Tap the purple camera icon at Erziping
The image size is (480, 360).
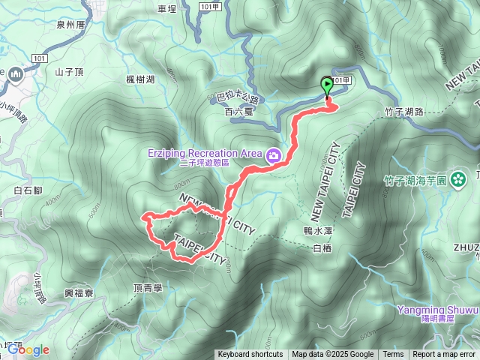[274, 155]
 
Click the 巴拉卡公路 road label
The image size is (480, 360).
[237, 97]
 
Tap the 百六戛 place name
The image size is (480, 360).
[220, 112]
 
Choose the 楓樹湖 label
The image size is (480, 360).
[141, 79]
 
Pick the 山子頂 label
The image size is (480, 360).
[67, 72]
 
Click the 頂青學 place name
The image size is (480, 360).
[148, 287]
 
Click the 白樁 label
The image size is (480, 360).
[322, 247]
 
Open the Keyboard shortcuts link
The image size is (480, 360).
[250, 355]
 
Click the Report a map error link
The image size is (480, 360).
[444, 355]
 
